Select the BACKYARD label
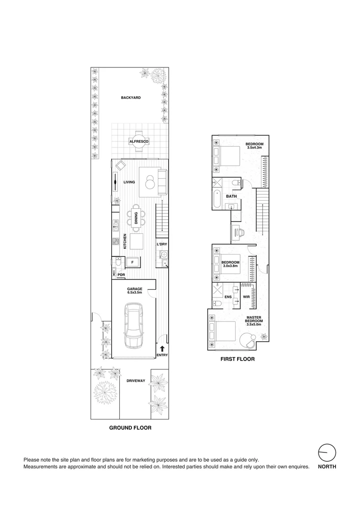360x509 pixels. pyautogui.click(x=131, y=98)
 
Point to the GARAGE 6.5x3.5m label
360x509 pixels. pyautogui.click(x=134, y=290)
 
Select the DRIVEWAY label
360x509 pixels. pyautogui.click(x=136, y=380)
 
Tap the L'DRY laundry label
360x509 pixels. pyautogui.click(x=162, y=244)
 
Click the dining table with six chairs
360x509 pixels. pyautogui.click(x=136, y=218)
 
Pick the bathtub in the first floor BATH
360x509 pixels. pyautogui.click(x=217, y=199)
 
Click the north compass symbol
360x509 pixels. pyautogui.click(x=327, y=453)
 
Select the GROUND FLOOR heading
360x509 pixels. pyautogui.click(x=130, y=428)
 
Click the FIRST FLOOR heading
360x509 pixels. pyautogui.click(x=237, y=359)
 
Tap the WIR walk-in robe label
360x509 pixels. pyautogui.click(x=246, y=297)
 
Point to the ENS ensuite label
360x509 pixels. pyautogui.click(x=228, y=297)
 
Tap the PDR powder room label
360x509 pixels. pyautogui.click(x=121, y=274)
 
